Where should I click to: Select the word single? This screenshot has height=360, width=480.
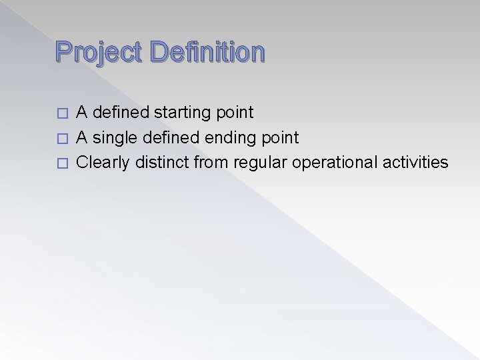click(x=115, y=137)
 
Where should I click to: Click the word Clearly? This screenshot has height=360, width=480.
click(x=100, y=162)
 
